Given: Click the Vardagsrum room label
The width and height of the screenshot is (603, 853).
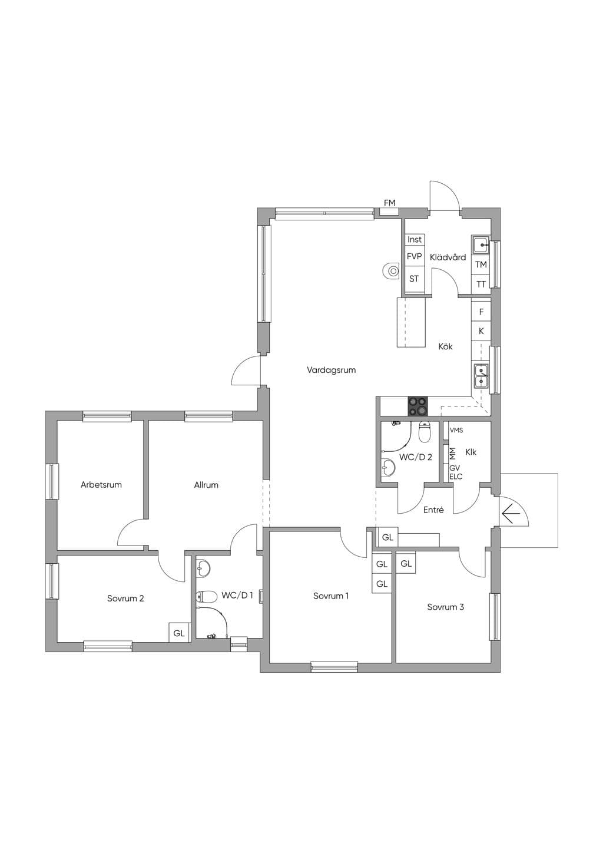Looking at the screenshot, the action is point(331,370).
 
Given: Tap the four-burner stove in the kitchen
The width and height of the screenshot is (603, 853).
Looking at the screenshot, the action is point(418,406).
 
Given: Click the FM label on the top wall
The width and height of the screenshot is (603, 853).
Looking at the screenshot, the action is point(389,203).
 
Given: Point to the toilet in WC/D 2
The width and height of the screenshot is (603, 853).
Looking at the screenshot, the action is point(425,431).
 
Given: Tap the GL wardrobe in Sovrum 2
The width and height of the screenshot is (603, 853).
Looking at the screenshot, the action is point(179,633).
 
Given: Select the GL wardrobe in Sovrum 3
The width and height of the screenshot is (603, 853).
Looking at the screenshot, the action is point(406,564).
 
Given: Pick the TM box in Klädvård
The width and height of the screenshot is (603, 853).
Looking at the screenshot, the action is point(481,265).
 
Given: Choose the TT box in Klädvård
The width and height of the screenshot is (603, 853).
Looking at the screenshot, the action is point(481,284).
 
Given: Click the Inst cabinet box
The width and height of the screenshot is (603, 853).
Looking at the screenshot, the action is point(415,239).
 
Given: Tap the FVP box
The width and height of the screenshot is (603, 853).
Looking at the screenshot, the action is point(415,257).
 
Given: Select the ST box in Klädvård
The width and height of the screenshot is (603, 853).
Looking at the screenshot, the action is point(415,279).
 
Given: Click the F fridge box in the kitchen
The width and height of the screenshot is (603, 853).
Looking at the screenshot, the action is point(481,312).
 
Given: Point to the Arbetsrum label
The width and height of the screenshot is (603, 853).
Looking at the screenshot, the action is point(101,485).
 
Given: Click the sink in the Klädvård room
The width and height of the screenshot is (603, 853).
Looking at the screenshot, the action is point(481,244).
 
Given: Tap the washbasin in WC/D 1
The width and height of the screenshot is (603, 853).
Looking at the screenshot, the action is point(203,569).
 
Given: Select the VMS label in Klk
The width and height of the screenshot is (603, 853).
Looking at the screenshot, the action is point(456,430).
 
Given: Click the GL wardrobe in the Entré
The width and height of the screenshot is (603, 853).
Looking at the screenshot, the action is point(387,537).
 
